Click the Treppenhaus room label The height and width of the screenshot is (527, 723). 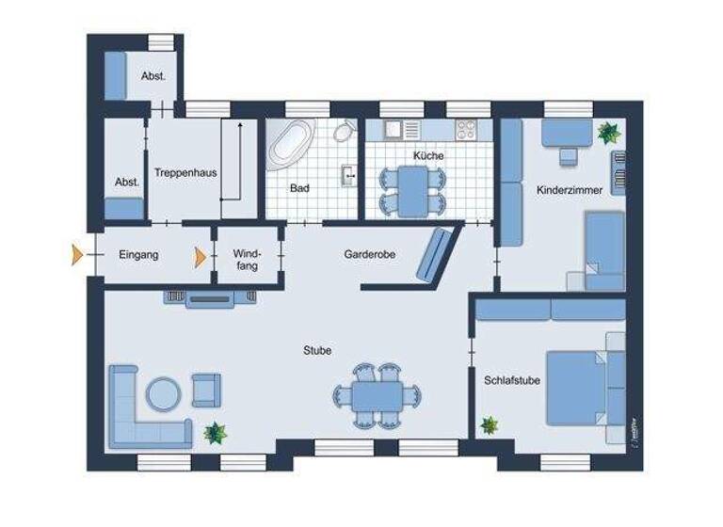click(180, 174)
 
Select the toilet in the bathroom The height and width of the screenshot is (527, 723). click(344, 131)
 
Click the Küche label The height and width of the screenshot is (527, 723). click(428, 155)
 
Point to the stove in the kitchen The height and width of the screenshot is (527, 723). click(468, 129)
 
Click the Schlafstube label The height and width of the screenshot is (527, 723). click(510, 380)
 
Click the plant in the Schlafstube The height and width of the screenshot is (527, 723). click(489, 425)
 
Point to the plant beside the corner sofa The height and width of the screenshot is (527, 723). click(216, 433)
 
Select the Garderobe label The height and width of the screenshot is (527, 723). click(369, 254)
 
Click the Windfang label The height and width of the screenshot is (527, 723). click(247, 260)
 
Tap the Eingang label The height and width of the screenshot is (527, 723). click(138, 254)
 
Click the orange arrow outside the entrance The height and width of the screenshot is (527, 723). click(77, 254)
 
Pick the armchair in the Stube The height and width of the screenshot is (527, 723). click(206, 389)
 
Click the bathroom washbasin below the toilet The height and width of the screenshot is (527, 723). click(348, 174)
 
